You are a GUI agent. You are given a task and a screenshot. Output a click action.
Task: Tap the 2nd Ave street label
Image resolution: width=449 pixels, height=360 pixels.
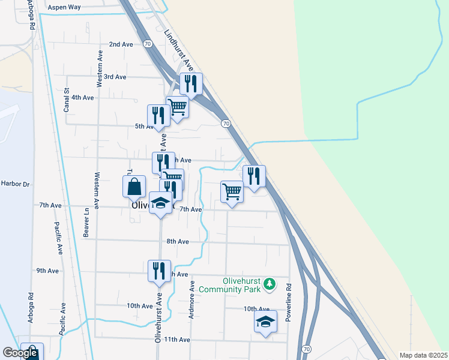point(121,44)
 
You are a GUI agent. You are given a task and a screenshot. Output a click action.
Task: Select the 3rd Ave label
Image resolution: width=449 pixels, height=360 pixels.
point(115,77)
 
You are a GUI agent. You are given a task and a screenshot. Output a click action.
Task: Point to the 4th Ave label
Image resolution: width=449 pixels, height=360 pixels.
point(82,97)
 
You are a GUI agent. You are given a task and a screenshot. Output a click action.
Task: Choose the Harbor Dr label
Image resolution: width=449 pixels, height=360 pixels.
point(15,184)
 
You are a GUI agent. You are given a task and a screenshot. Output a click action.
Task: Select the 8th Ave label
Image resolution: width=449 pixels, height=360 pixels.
point(178,241)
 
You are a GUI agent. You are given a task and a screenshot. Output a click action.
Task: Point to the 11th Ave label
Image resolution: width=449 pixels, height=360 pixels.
point(177,340)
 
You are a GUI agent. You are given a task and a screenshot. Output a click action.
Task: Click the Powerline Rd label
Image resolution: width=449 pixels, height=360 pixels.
point(288,303)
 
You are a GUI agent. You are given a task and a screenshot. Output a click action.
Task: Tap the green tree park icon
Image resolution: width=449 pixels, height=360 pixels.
point(270,283)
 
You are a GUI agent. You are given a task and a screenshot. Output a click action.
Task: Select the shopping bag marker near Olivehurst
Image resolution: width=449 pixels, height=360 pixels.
point(134,187)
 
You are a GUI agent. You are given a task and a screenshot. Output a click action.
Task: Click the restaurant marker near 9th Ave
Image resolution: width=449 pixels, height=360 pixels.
point(160,271)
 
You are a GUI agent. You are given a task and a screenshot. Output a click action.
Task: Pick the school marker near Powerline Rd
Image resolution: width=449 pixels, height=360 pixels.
point(265,322)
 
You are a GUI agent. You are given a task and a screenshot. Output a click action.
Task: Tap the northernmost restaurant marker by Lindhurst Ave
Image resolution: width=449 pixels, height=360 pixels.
point(191,85)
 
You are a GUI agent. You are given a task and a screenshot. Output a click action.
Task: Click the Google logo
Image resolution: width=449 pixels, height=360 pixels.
point(20,353)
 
